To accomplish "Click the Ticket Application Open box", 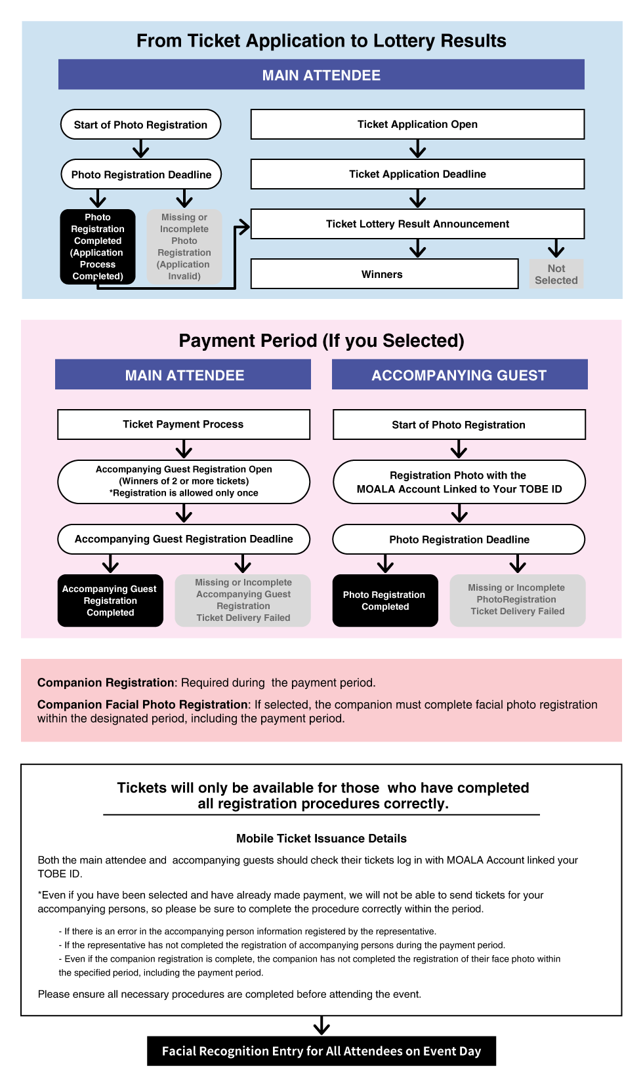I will click(x=417, y=125).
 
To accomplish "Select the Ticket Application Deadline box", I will click(x=417, y=174).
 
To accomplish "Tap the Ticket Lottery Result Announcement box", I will click(x=417, y=224).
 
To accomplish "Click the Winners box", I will click(x=384, y=274).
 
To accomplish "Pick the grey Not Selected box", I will click(x=556, y=274).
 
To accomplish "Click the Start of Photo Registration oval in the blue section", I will click(x=140, y=125).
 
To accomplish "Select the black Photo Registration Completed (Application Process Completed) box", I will click(x=98, y=247).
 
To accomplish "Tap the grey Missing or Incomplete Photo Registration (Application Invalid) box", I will click(x=184, y=247).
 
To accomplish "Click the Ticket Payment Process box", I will click(x=184, y=424).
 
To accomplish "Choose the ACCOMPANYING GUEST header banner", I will click(x=459, y=375).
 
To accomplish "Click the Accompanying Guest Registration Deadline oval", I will click(x=184, y=539).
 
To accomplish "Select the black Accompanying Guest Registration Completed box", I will click(x=110, y=601).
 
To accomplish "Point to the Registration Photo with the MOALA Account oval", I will click(x=459, y=482).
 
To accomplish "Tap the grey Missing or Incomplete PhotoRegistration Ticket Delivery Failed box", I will click(x=517, y=600).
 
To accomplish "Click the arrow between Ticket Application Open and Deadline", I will click(x=418, y=149).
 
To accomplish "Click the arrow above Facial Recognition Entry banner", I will click(x=321, y=1025).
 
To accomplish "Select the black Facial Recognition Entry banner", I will click(x=321, y=1051).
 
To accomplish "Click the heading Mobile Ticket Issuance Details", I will click(x=321, y=839).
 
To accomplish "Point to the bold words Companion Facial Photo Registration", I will click(x=142, y=705).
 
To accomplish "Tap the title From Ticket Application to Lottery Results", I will click(x=321, y=41).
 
